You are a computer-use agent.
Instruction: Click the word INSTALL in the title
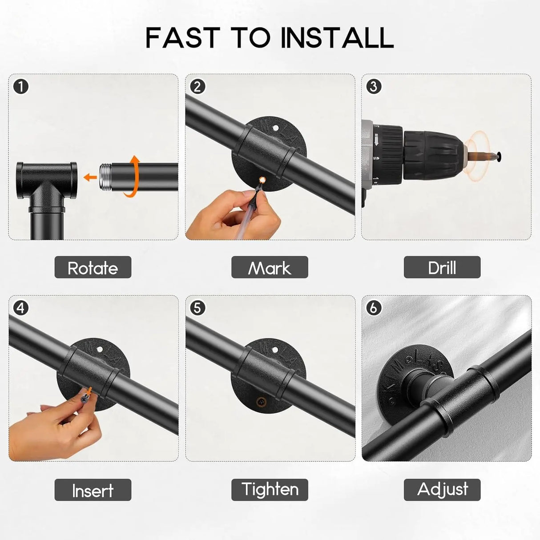click(337, 37)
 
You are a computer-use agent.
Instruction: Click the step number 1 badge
click(21, 87)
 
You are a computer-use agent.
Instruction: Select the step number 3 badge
click(374, 87)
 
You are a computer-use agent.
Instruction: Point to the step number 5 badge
click(197, 308)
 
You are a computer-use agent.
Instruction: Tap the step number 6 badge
click(374, 308)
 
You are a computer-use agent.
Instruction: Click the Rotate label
click(93, 267)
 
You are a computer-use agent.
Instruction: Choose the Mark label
click(270, 267)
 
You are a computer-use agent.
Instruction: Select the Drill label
click(442, 267)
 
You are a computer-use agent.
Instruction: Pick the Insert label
click(93, 490)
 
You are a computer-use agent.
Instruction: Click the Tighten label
click(270, 490)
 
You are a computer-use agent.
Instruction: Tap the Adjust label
click(442, 490)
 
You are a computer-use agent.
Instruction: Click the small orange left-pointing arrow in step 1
click(90, 177)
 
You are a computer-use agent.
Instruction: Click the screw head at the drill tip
click(498, 157)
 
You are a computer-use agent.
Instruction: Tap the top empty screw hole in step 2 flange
click(275, 128)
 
